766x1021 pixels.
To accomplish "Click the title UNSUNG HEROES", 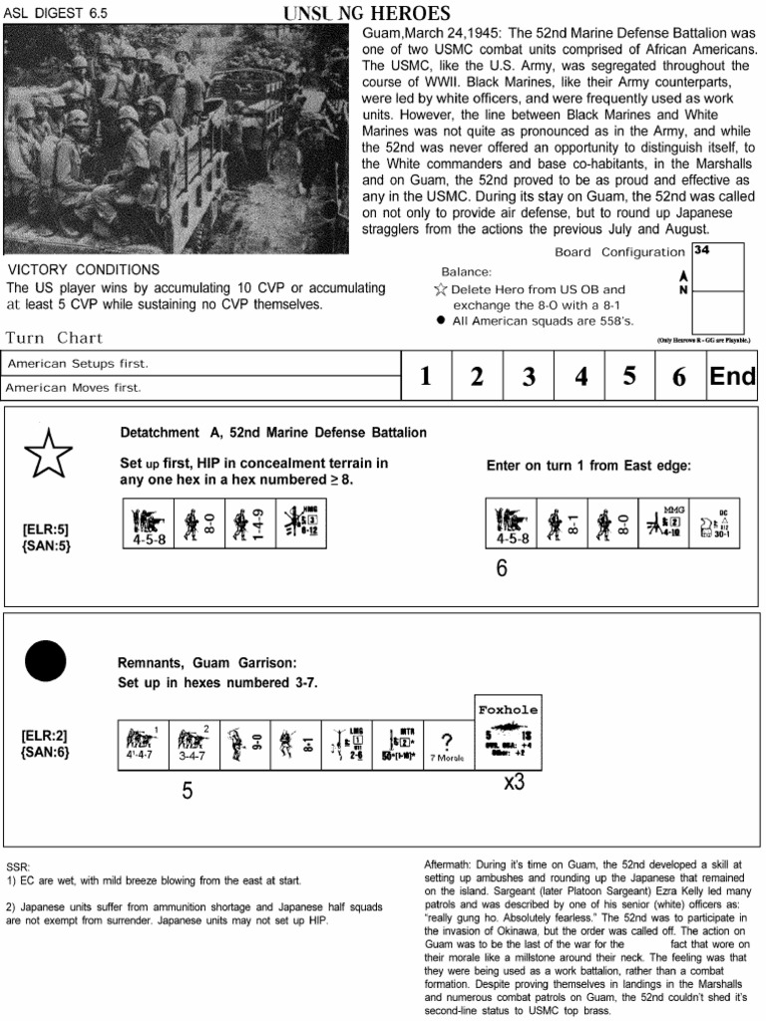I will tap(366, 13).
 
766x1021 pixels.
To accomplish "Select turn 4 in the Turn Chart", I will tap(580, 376).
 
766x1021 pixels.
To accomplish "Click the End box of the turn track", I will tap(732, 376).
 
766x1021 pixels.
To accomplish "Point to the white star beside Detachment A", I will tap(47, 457).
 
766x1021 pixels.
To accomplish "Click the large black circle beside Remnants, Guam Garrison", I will tap(44, 662).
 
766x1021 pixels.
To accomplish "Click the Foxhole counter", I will tap(508, 732).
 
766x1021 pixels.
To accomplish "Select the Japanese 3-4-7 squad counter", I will tap(194, 744).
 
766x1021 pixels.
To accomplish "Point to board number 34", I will tap(701, 250).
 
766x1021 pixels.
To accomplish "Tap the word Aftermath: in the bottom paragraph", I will tap(440, 862).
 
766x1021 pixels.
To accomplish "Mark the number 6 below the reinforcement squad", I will tap(501, 568).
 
